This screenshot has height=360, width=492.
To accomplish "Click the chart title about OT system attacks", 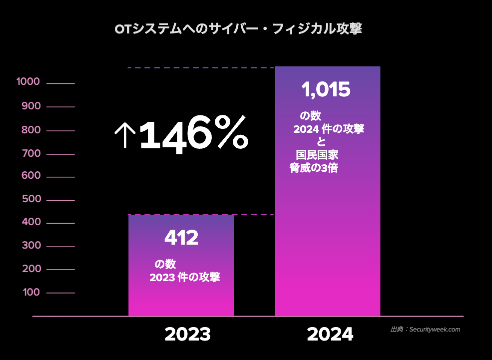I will click(238, 29).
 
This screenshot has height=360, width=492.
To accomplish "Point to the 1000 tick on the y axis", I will click(28, 82).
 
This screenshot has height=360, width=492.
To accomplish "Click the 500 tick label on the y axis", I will click(31, 200).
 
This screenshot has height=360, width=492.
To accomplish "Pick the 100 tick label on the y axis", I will click(32, 292).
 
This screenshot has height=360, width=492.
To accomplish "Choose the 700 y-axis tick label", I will click(31, 153).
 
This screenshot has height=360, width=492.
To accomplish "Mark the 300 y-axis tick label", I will click(31, 246).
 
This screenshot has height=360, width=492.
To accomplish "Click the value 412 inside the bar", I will click(181, 238).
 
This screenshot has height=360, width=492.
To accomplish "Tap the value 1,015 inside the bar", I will click(326, 90).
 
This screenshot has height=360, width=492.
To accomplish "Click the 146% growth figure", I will click(193, 134).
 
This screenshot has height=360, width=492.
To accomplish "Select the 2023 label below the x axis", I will click(187, 334).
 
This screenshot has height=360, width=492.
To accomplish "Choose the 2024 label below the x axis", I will click(330, 334).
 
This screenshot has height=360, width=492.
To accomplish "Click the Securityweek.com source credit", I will click(425, 330).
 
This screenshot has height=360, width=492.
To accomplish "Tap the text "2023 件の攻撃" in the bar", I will click(185, 278).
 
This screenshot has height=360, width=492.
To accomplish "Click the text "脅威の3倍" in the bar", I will click(314, 168).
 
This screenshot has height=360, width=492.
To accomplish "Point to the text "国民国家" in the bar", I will click(317, 155).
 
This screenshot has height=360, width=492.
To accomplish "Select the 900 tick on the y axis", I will click(31, 106).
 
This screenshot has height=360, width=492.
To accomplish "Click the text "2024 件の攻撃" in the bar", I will click(329, 129).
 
